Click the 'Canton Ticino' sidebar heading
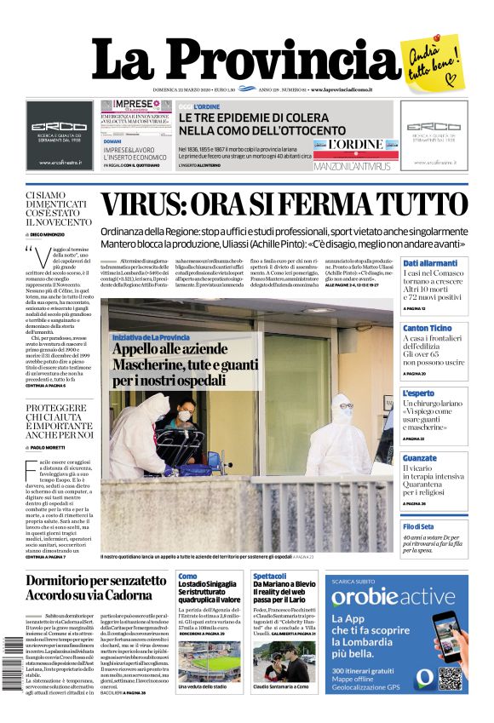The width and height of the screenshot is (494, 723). pyautogui.click(x=427, y=328)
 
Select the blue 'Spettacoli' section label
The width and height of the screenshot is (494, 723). pyautogui.click(x=269, y=577)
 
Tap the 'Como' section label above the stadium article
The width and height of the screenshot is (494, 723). pyautogui.click(x=187, y=577)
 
